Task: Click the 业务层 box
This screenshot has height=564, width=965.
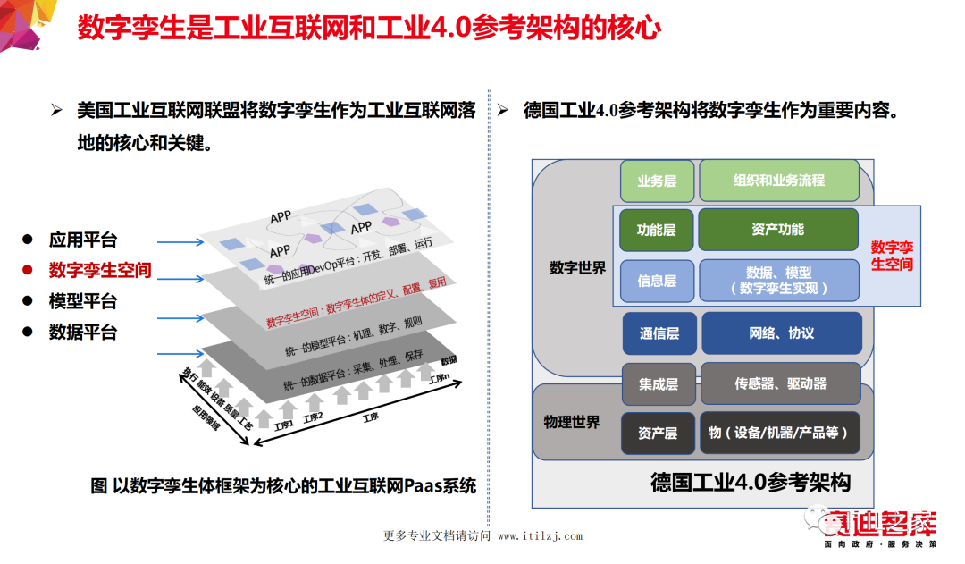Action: tap(657, 181)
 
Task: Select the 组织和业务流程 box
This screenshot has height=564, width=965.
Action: tap(778, 181)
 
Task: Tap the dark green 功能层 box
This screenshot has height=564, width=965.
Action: tap(657, 230)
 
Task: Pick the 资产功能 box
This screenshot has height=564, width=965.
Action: tap(777, 230)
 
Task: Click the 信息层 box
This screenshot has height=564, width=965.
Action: tap(657, 281)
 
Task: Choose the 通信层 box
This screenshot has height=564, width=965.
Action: tap(659, 333)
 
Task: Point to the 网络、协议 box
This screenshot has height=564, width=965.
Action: tap(782, 333)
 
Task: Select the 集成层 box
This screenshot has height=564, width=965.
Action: tap(659, 384)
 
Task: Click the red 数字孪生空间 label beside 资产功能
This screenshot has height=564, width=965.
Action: tap(891, 256)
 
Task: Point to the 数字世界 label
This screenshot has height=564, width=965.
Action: tap(577, 267)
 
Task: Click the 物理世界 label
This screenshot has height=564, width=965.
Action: tap(572, 421)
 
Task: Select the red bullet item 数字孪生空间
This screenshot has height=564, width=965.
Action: tap(100, 270)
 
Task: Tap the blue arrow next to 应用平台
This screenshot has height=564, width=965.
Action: tap(179, 241)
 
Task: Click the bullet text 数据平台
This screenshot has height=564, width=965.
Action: tap(83, 332)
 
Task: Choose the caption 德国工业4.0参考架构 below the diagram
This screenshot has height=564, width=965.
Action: tap(750, 483)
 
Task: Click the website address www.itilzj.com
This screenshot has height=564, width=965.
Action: tap(540, 536)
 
